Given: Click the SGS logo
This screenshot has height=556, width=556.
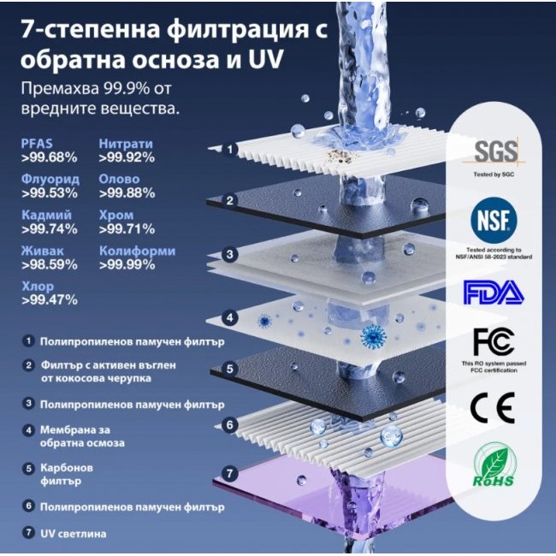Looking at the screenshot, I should point(496,152).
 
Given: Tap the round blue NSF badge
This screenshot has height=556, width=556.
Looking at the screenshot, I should point(494,222).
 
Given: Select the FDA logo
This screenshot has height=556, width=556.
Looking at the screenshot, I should point(494,293).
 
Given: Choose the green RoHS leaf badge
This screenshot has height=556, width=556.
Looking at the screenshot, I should point(494,468).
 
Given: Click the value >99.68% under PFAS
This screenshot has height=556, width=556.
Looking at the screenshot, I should point(50,157).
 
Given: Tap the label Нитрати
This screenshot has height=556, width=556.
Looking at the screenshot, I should point(126,144).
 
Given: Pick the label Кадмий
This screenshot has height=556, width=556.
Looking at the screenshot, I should point(46,216).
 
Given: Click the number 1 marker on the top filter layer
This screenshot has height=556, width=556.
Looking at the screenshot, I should point(229,150).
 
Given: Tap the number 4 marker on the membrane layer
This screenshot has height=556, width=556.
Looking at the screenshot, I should point(229,317).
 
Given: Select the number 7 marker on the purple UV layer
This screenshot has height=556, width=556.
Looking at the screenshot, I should point(228,472).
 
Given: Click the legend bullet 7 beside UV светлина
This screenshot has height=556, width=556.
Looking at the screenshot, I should point(28,533).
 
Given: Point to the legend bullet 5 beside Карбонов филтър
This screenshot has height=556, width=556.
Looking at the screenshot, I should point(28,469).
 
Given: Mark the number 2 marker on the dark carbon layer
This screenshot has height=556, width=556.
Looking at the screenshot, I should point(229,200).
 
